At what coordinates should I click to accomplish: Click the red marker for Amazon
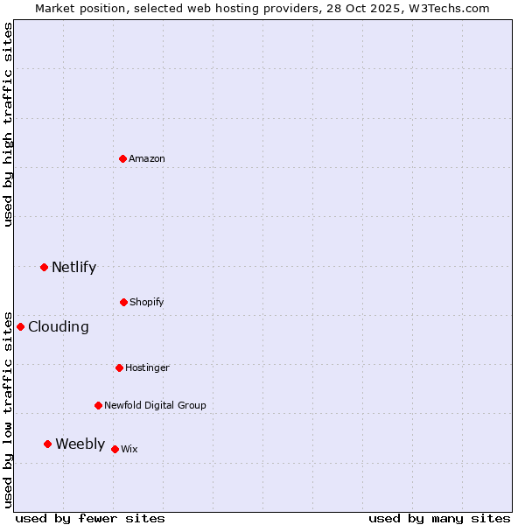click(x=123, y=158)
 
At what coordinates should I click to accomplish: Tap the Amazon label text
click(x=147, y=159)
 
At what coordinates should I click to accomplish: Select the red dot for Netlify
click(x=44, y=267)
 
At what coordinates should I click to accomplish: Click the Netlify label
click(x=73, y=268)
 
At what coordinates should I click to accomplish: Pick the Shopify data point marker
click(x=123, y=302)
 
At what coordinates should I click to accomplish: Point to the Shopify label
click(x=146, y=303)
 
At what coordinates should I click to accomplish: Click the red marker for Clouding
click(x=20, y=326)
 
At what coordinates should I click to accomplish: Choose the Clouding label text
click(x=59, y=327)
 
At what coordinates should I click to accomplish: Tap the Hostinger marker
click(x=119, y=367)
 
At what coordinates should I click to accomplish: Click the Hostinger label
click(x=147, y=368)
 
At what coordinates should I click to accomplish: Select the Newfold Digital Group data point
click(x=98, y=405)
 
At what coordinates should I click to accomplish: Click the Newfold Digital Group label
click(x=155, y=406)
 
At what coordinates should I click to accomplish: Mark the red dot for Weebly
click(x=47, y=444)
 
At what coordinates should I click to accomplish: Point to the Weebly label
click(x=80, y=444)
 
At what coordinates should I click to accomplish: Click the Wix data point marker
click(x=115, y=449)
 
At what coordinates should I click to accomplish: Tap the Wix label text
click(x=129, y=450)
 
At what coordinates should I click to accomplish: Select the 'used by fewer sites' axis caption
click(x=90, y=518)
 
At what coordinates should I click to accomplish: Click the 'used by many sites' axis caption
click(x=439, y=518)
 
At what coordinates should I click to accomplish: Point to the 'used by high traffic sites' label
click(x=8, y=124)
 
